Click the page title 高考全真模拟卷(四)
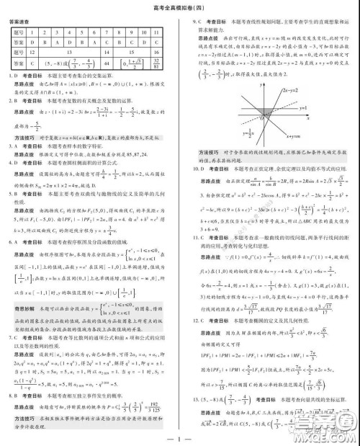pos(180,6)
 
